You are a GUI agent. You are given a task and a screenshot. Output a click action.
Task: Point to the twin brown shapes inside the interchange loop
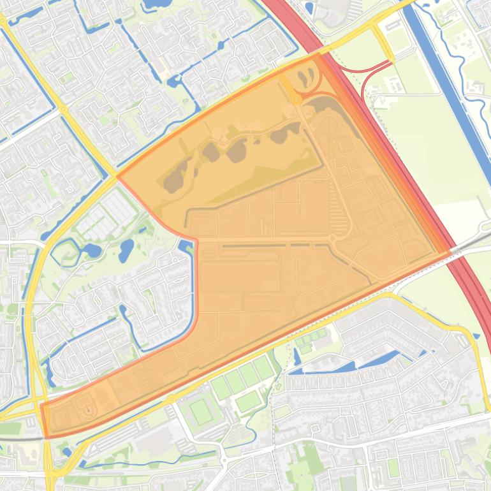pyautogui.click(x=308, y=78)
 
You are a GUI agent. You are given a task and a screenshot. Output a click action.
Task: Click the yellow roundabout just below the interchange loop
pyautogui.click(x=297, y=99)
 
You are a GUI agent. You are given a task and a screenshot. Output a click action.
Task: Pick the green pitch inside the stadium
pyautogui.click(x=202, y=411)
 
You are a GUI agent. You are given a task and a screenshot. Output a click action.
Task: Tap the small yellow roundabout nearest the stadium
pyautogui.click(x=172, y=399)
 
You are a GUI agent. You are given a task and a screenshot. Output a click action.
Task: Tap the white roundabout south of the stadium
pyautogui.click(x=223, y=458)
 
